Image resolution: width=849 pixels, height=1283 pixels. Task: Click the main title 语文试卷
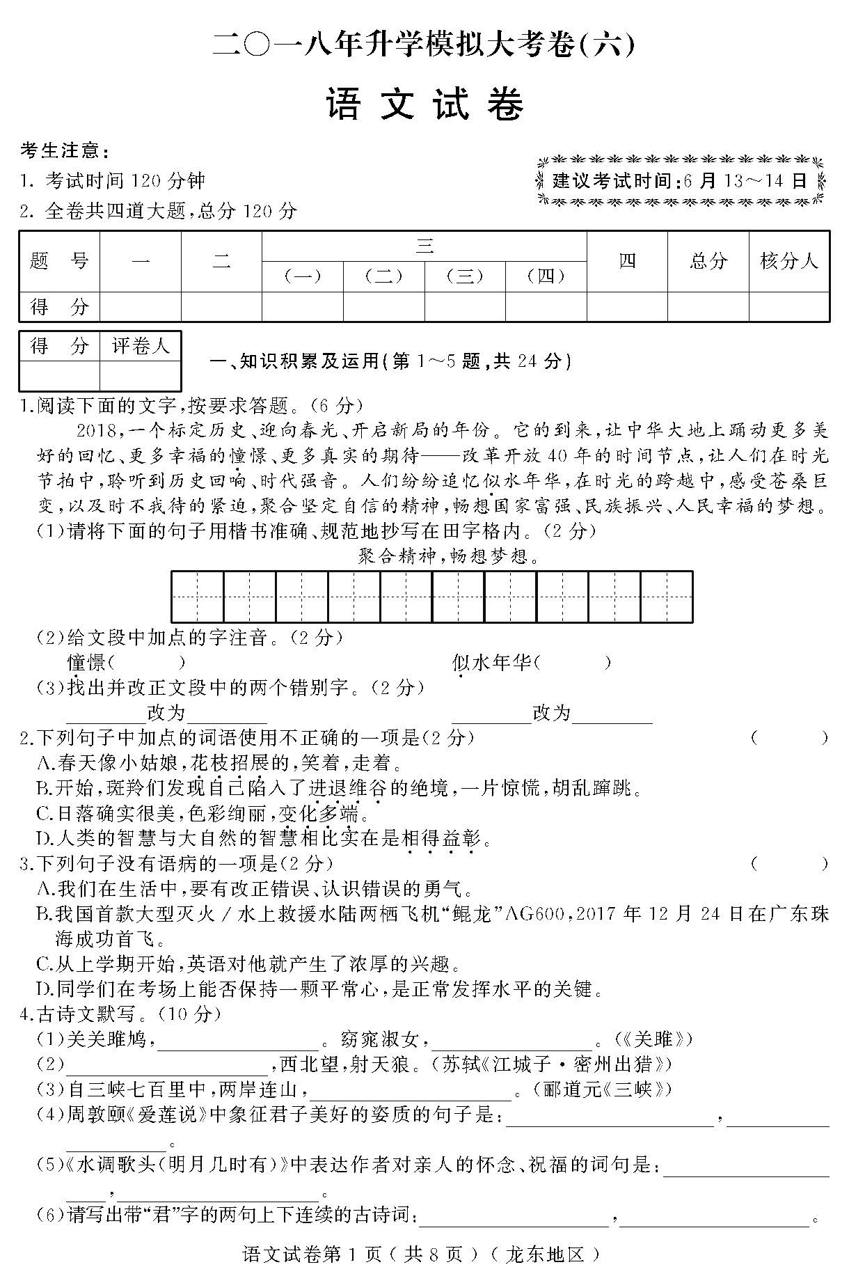424,106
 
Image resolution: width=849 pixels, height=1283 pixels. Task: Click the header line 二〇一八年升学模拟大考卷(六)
424,45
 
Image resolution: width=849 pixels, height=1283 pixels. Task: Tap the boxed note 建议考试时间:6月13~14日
681,181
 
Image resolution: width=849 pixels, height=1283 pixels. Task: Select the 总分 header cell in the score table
708,261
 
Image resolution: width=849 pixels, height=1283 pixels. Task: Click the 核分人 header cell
789,261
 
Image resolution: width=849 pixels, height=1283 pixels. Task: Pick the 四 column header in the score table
627,261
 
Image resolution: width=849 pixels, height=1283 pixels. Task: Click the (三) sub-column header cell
465,276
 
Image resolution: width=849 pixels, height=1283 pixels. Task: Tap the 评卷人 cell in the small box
141,346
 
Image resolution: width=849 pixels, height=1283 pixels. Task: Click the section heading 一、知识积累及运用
390,361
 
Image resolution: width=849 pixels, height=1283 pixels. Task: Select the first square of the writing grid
198,597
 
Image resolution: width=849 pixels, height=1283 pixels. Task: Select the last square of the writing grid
667,597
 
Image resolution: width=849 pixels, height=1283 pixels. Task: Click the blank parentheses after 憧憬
148,662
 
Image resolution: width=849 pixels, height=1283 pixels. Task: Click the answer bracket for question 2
789,738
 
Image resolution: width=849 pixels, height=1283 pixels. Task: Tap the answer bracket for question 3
789,864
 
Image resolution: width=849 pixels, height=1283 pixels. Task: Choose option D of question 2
264,838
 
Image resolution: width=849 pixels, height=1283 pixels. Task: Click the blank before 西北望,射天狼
167,1065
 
